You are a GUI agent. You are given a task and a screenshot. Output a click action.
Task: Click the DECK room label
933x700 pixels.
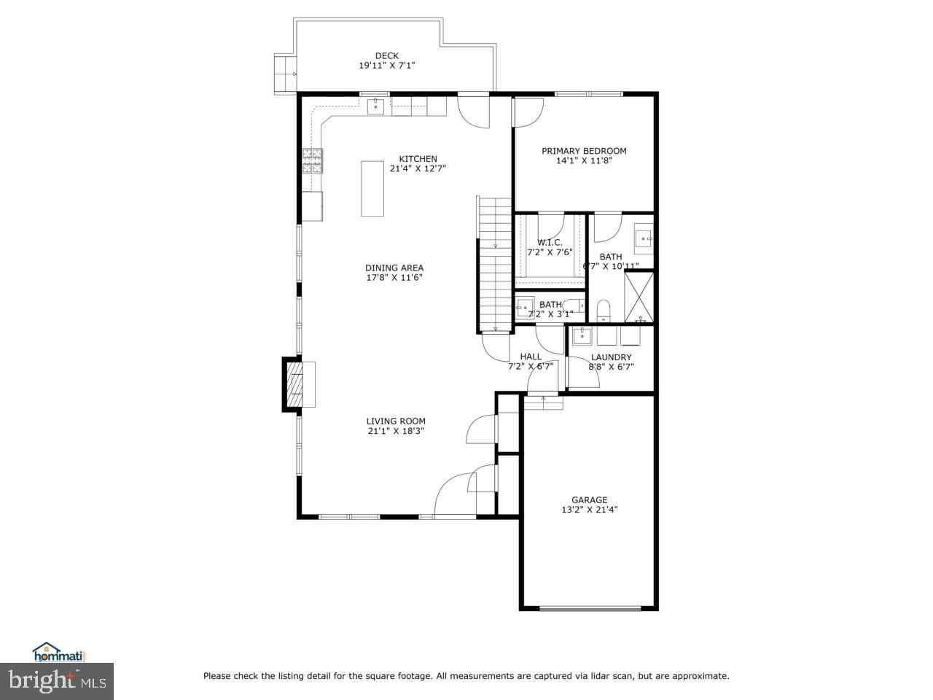click(x=386, y=55)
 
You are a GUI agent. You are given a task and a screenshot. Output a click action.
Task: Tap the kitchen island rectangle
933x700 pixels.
click(x=372, y=188)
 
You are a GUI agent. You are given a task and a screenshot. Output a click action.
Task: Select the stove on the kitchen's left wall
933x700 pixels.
click(x=313, y=161)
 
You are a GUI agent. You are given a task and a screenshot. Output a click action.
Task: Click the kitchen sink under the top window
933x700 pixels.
click(x=375, y=107)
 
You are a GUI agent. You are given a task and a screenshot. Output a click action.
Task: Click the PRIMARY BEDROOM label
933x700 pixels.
click(x=584, y=151)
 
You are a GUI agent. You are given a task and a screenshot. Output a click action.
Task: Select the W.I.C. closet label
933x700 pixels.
click(x=550, y=242)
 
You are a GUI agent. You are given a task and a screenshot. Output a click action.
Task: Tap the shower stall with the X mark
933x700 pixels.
click(x=640, y=297)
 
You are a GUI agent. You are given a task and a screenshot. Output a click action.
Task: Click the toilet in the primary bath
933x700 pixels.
click(x=604, y=311)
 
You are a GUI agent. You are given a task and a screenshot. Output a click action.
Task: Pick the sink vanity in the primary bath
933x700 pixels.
click(x=644, y=237)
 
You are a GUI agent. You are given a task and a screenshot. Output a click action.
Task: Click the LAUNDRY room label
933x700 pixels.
click(x=611, y=357)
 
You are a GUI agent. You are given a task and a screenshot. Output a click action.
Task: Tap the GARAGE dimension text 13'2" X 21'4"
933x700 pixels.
click(x=589, y=510)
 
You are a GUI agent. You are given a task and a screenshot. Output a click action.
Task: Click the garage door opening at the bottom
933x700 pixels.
click(x=590, y=607)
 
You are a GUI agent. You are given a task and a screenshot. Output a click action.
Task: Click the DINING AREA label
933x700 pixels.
click(x=394, y=268)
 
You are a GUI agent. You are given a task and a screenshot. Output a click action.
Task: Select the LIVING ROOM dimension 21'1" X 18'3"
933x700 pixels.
click(x=396, y=431)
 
